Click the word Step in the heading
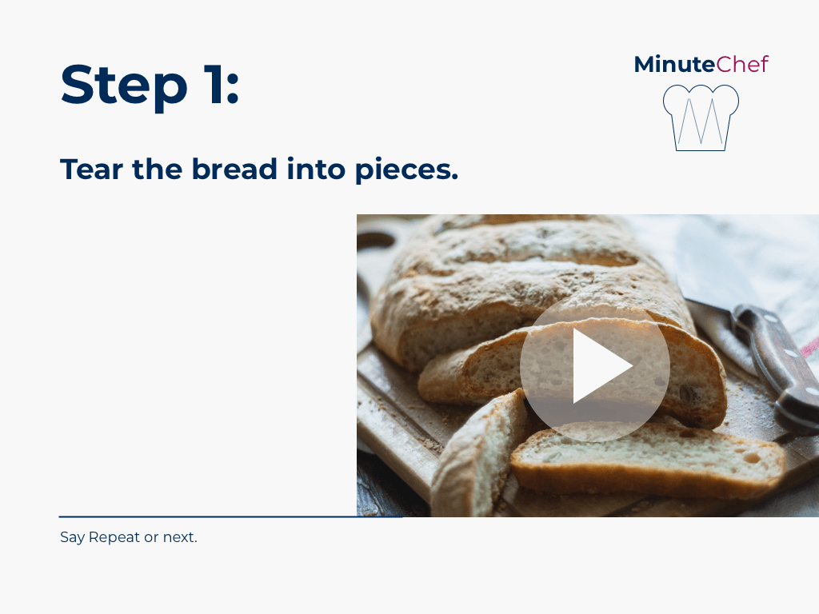[124, 85]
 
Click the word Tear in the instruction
[92, 169]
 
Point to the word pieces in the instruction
[407, 170]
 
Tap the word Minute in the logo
[674, 64]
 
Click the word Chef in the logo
[742, 64]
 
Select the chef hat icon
[701, 118]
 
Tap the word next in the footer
[180, 538]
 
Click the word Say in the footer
[72, 537]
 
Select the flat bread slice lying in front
[648, 460]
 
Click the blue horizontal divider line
[230, 517]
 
